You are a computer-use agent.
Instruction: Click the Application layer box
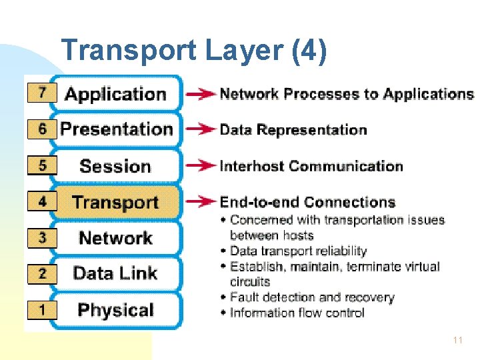click(x=115, y=94)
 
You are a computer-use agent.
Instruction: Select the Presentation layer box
click(x=116, y=129)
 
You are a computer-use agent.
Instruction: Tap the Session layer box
click(x=115, y=166)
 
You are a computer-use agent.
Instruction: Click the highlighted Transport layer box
click(x=115, y=202)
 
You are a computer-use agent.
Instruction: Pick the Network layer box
click(x=115, y=238)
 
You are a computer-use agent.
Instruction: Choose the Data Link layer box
click(x=115, y=273)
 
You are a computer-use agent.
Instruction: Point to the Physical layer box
click(x=115, y=310)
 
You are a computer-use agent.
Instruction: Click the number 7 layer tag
click(x=41, y=93)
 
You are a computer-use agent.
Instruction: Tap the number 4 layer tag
click(x=41, y=201)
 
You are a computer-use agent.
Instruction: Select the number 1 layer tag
click(x=41, y=309)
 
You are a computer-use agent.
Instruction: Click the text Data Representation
click(x=293, y=130)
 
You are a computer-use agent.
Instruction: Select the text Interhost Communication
click(x=311, y=166)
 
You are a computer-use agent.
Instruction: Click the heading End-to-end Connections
click(x=307, y=202)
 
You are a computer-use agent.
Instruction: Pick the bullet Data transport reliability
click(x=298, y=251)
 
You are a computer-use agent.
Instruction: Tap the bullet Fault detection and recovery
click(x=312, y=297)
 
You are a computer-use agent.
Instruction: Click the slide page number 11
click(x=457, y=340)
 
